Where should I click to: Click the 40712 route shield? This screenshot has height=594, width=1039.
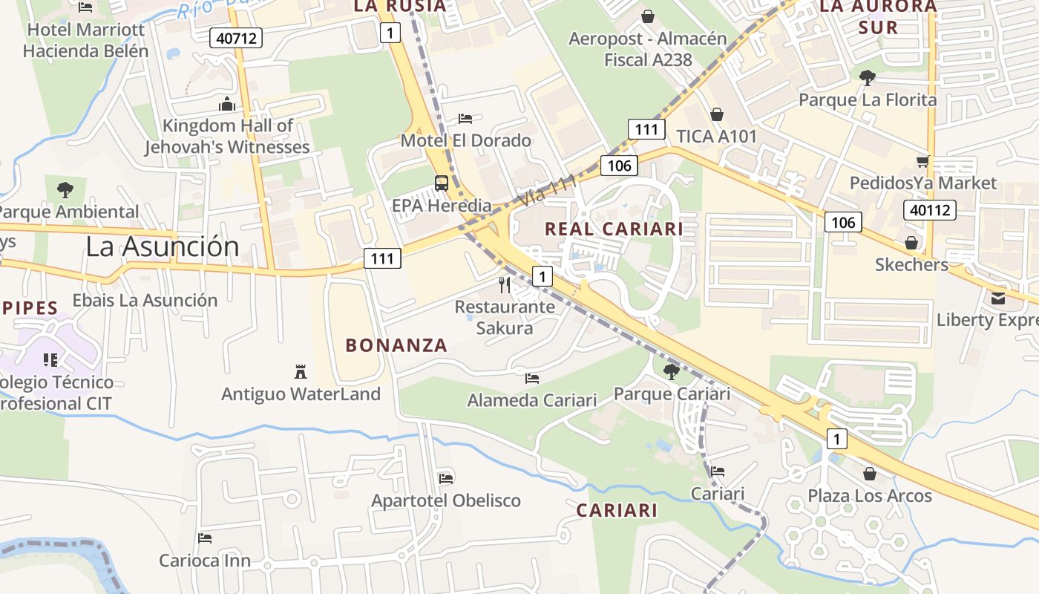point(236,37)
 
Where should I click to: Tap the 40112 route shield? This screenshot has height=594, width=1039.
point(929,210)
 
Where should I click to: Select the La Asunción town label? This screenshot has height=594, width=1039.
point(163,247)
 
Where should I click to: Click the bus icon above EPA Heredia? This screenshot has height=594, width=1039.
point(441,183)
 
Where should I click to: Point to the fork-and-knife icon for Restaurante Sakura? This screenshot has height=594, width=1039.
point(505,285)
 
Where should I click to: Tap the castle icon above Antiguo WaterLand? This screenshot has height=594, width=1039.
point(301,371)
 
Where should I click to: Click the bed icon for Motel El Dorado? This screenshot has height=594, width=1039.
point(465,119)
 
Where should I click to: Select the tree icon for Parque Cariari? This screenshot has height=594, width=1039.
point(671,371)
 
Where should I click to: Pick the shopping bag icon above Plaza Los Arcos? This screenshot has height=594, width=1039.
point(869,473)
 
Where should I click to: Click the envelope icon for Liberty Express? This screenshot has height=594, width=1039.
point(997,298)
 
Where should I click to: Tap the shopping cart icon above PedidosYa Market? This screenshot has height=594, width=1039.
point(922,161)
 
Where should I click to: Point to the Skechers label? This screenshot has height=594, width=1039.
point(911,265)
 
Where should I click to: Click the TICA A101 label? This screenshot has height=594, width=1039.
point(716,137)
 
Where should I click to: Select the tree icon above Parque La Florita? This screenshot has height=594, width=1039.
point(867,77)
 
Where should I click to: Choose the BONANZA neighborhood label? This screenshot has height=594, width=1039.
point(396,345)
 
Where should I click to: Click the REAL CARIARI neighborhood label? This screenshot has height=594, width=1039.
point(614,229)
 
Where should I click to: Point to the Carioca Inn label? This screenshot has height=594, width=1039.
point(205,561)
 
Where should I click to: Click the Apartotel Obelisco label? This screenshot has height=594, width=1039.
point(446,500)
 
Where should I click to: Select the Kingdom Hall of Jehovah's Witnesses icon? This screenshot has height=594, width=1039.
point(227,104)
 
